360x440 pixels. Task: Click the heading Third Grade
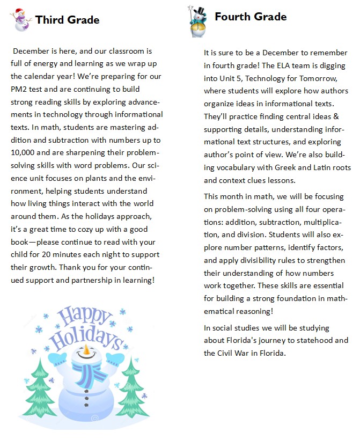[x=67, y=20]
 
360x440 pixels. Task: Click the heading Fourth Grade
[x=251, y=17]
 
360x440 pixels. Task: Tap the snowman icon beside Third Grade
[x=20, y=20]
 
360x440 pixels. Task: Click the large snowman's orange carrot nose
[x=86, y=353]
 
